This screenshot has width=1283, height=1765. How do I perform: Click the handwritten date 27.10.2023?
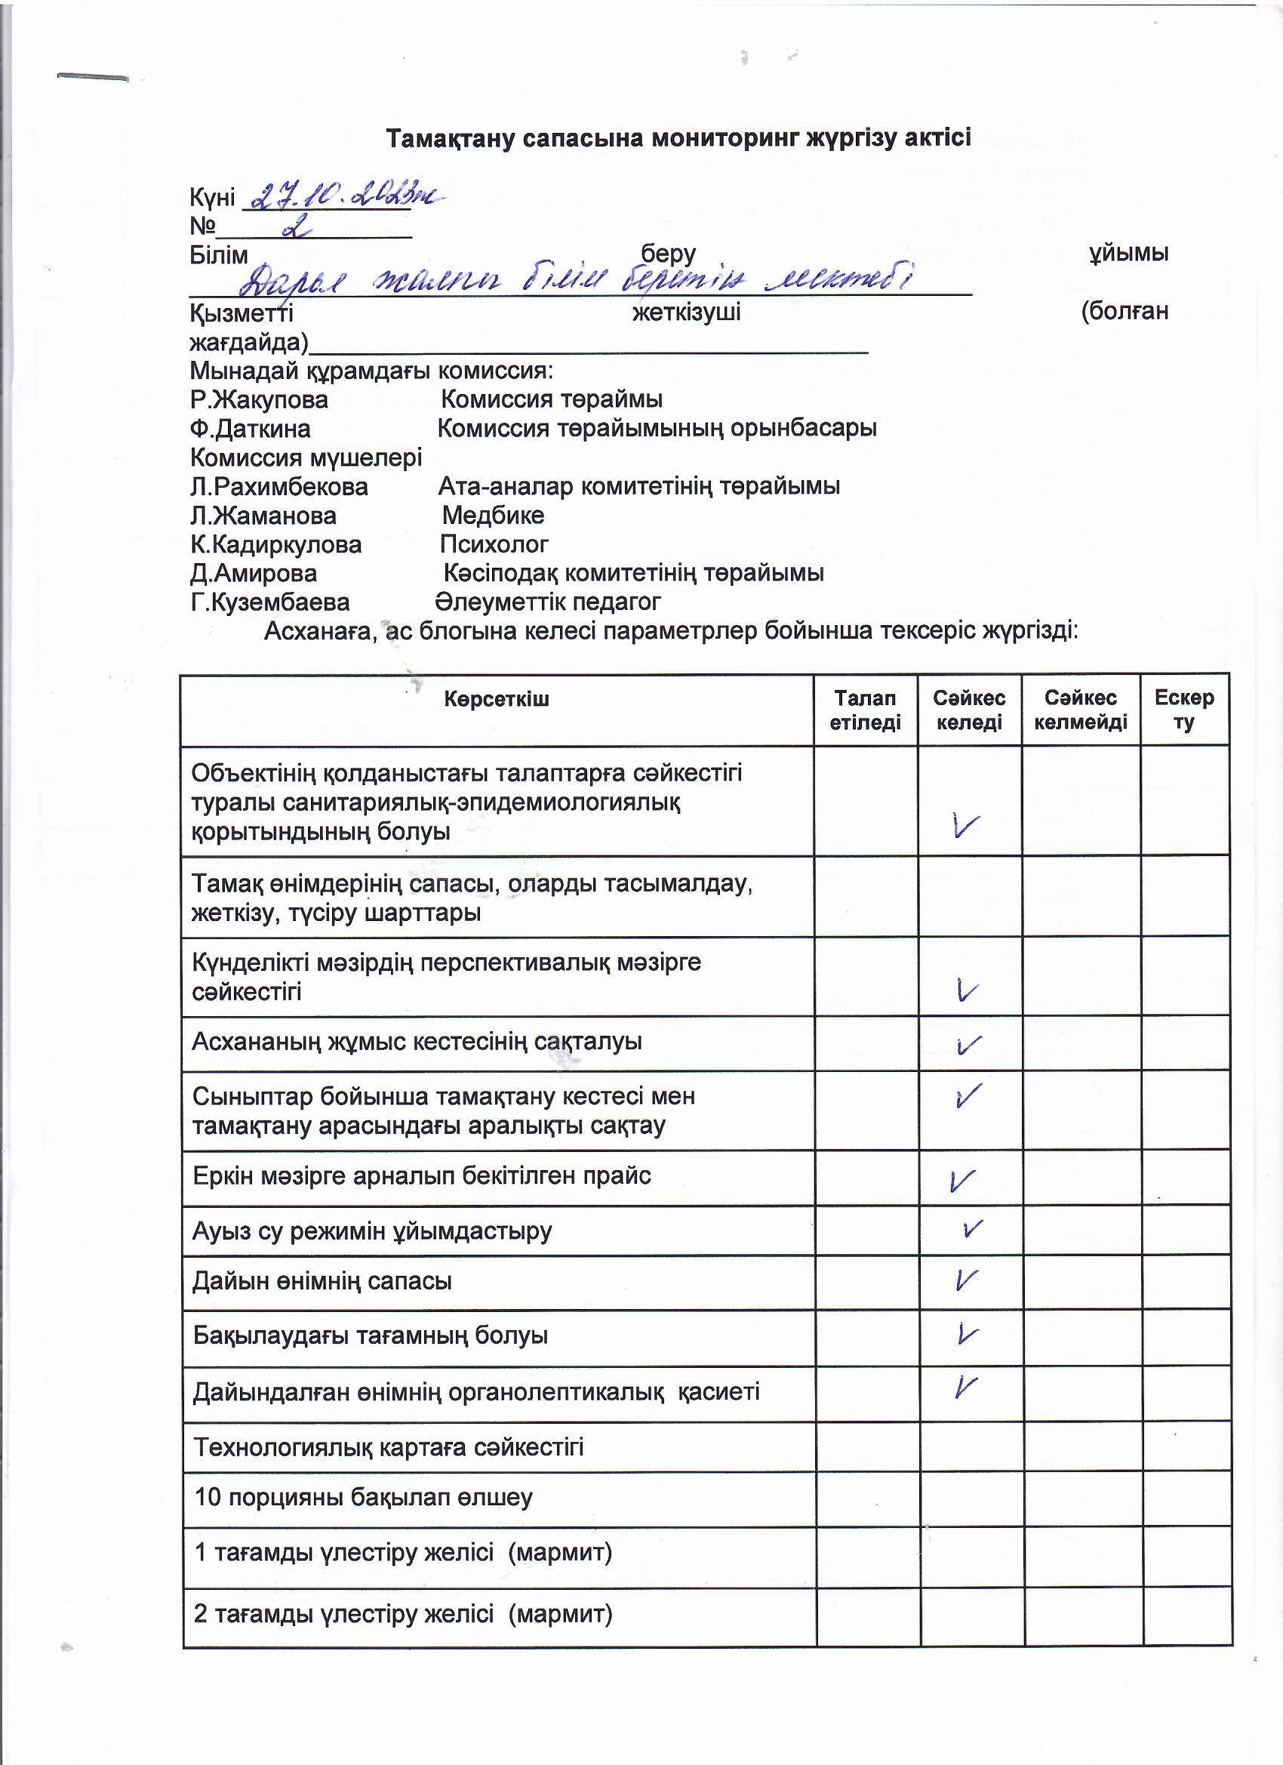[x=343, y=196]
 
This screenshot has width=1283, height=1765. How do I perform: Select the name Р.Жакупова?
[x=259, y=400]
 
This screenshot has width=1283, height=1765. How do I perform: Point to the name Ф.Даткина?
[x=251, y=429]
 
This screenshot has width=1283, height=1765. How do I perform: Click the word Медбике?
[x=494, y=515]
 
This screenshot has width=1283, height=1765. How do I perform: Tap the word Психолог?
[x=494, y=544]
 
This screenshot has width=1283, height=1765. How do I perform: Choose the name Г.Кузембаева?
[x=270, y=602]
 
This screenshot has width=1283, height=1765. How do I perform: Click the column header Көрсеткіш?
[x=497, y=699]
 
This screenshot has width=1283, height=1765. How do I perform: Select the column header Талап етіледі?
[x=865, y=710]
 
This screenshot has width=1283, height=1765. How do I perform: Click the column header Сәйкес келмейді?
[x=1081, y=710]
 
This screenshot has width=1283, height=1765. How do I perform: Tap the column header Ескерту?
[x=1184, y=710]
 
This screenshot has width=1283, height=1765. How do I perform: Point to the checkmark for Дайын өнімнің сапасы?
[x=966, y=1280]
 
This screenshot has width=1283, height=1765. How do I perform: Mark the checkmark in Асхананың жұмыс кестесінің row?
[x=969, y=1045]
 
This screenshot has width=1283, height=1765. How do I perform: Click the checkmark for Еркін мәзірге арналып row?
[x=962, y=1181]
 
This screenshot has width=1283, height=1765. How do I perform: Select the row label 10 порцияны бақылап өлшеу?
[x=363, y=1498]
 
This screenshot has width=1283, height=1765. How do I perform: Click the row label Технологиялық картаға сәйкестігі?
[x=388, y=1447]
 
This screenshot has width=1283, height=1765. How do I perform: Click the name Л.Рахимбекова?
[x=279, y=487]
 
